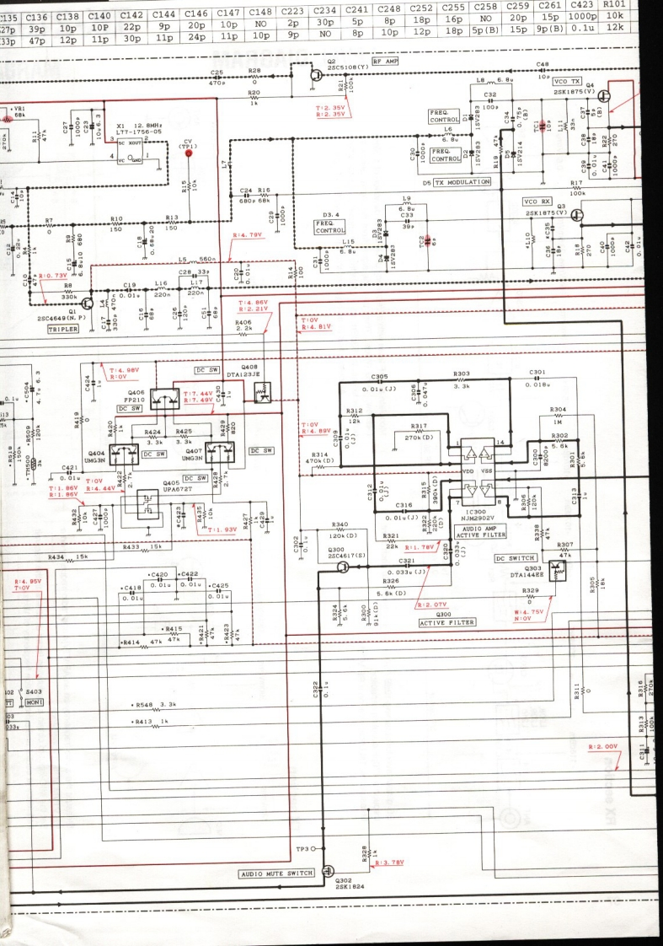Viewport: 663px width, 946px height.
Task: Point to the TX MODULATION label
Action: [x=462, y=182]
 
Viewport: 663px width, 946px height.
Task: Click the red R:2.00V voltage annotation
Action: [x=603, y=746]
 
